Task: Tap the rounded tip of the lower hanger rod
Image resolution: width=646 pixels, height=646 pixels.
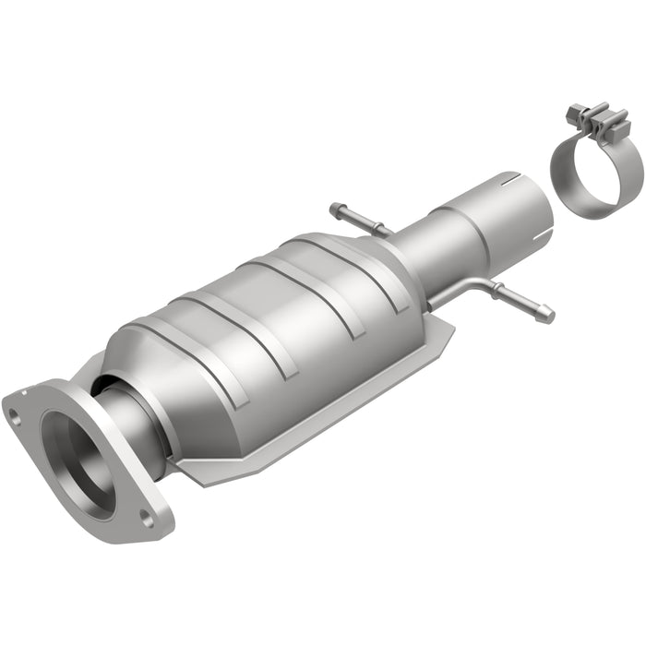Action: pos(548,316)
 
